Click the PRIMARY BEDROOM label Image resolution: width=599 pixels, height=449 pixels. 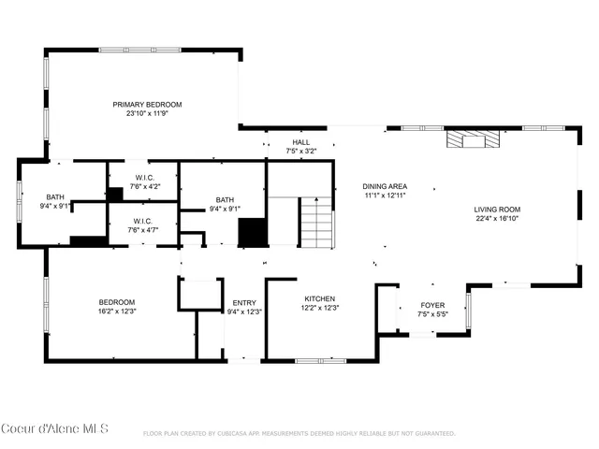[x=147, y=105]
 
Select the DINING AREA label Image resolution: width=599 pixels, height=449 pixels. [x=385, y=186]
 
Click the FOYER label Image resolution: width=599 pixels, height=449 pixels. [x=432, y=304]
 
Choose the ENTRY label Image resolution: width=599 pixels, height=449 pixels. [x=244, y=302]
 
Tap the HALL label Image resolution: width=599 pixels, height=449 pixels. [x=300, y=141]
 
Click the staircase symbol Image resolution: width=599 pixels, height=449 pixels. [x=316, y=227]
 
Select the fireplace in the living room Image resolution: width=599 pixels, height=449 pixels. [x=473, y=140]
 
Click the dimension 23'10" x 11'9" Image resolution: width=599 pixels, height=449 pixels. [x=147, y=114]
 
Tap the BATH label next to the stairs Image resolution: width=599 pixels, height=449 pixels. [x=225, y=199]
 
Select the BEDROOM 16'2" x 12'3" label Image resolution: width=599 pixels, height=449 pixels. [x=117, y=306]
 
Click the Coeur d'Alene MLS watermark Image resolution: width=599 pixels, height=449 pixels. [x=55, y=429]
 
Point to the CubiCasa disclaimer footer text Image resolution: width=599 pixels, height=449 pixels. [x=299, y=434]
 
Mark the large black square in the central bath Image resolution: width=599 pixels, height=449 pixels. [x=253, y=232]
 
